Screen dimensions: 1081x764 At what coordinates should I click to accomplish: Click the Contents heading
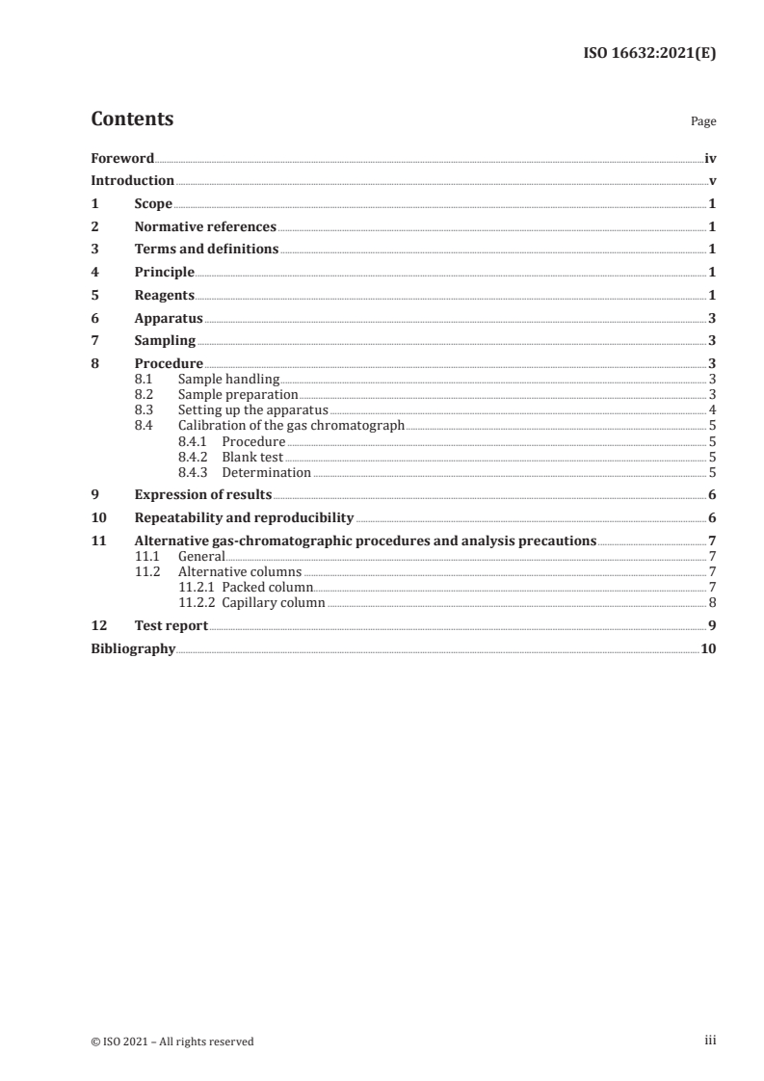coord(132,119)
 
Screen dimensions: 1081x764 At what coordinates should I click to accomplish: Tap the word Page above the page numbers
coord(703,122)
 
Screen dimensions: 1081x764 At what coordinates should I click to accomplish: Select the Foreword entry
coord(122,158)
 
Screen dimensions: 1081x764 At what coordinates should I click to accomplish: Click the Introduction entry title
coord(132,181)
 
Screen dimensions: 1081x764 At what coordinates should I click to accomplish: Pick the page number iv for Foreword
coord(710,158)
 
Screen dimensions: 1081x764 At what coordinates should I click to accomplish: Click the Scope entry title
coord(153,204)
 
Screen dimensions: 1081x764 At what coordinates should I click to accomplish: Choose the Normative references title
coord(205,227)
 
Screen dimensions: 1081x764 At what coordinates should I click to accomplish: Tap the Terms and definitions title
coord(206,250)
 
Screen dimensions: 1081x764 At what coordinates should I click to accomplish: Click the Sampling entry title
coord(165,341)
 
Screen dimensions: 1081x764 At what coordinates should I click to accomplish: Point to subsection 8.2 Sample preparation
coord(238,394)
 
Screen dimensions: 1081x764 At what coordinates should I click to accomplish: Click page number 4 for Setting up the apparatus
coord(711,409)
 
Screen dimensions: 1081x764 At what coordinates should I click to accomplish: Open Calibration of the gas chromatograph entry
coord(291,425)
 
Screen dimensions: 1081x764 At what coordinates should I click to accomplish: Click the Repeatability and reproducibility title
coord(244,517)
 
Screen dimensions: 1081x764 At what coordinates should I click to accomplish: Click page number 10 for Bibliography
coord(708,649)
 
